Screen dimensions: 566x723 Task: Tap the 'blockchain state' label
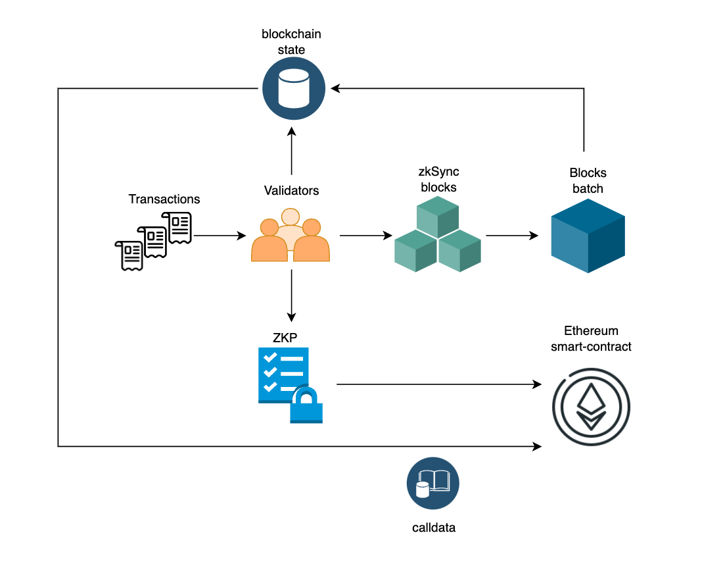click(x=291, y=41)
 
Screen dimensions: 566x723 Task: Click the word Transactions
click(x=164, y=199)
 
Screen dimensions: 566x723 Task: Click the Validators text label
click(x=291, y=191)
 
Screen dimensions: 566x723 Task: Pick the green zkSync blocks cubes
click(x=437, y=235)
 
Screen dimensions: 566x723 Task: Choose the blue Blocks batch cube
click(x=588, y=235)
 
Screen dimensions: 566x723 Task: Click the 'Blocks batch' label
click(x=588, y=181)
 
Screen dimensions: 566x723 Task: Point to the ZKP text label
click(x=285, y=337)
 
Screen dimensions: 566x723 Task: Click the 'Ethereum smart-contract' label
click(x=591, y=338)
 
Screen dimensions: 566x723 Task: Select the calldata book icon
click(x=432, y=484)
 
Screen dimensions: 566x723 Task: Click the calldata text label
click(x=434, y=527)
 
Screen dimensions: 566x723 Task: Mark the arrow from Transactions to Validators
click(x=220, y=235)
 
